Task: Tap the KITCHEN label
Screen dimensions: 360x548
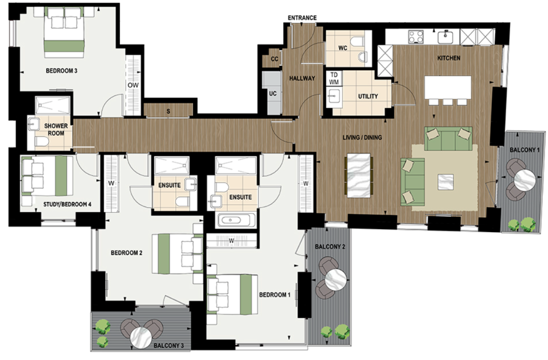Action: (x=448, y=58)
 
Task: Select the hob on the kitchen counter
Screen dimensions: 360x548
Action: (x=416, y=36)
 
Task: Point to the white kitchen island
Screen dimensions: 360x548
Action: (x=447, y=87)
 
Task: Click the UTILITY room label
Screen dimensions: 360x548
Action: (x=367, y=96)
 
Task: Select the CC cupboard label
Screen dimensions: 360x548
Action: (x=274, y=59)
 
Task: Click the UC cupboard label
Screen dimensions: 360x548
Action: (x=273, y=93)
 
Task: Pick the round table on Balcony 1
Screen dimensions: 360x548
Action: (x=525, y=180)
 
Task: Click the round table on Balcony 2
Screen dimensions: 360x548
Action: (x=336, y=279)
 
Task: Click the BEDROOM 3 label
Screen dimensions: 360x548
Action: (x=61, y=71)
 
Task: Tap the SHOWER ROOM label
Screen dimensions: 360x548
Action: (x=56, y=129)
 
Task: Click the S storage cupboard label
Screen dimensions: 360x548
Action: (x=168, y=111)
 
